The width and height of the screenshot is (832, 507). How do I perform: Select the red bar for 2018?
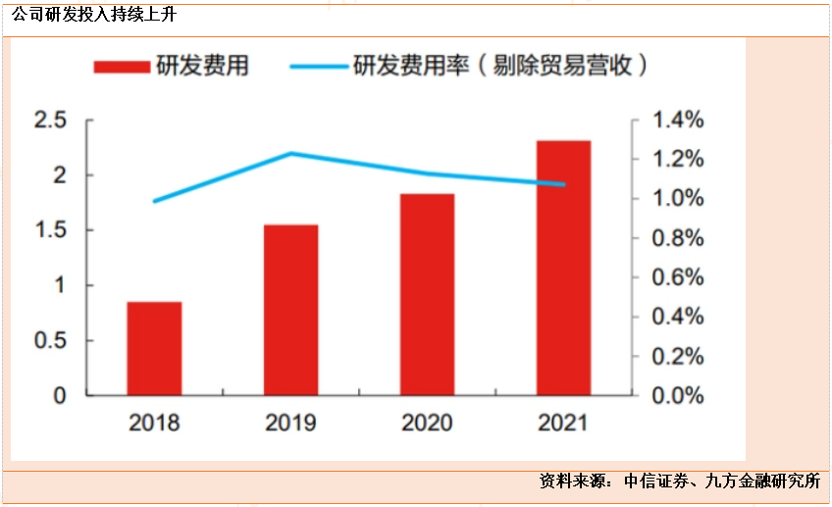(154, 348)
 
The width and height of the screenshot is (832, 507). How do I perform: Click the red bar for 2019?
(290, 310)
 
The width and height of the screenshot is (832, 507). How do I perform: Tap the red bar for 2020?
(427, 294)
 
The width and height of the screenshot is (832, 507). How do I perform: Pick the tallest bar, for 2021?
(563, 268)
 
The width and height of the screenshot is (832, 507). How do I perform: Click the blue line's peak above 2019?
(290, 153)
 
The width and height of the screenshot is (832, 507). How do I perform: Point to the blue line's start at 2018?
(154, 201)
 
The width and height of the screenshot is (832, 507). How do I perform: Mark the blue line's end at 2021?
(563, 184)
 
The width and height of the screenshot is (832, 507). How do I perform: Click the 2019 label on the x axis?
(290, 423)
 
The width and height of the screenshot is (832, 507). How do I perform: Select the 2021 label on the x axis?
(563, 423)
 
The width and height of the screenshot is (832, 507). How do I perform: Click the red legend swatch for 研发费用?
(121, 67)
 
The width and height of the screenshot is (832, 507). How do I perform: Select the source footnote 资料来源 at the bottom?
(678, 482)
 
